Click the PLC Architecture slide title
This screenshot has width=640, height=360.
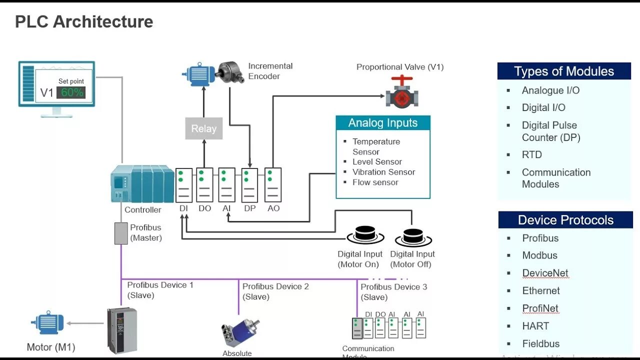tap(84, 22)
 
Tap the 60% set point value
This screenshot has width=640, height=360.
tap(71, 92)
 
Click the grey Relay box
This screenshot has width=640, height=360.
tap(203, 128)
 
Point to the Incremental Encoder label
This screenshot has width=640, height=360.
tap(270, 71)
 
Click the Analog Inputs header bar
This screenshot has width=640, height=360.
tap(382, 123)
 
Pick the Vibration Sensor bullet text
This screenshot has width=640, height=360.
tap(383, 172)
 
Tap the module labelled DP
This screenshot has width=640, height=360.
tap(249, 185)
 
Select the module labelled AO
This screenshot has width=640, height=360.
tap(273, 185)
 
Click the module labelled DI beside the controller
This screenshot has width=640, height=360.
tap(184, 185)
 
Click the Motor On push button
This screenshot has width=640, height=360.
tap(365, 235)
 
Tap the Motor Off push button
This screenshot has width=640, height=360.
tap(413, 237)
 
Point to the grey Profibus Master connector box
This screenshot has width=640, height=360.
tap(121, 233)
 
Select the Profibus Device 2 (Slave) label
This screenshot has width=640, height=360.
tap(275, 291)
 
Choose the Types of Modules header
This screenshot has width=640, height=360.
tap(563, 71)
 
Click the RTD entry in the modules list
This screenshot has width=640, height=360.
tap(531, 155)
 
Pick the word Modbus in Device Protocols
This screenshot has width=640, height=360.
tap(539, 255)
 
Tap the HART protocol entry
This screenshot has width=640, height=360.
tap(535, 326)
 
